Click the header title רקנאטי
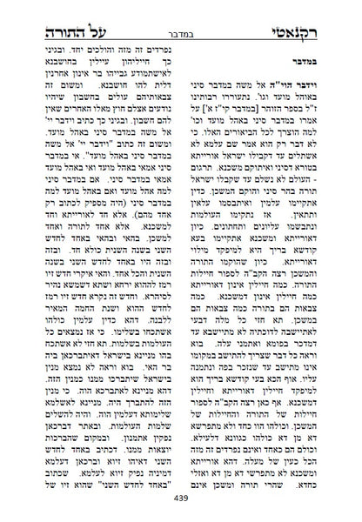click(312, 15)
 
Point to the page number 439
click(180, 510)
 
